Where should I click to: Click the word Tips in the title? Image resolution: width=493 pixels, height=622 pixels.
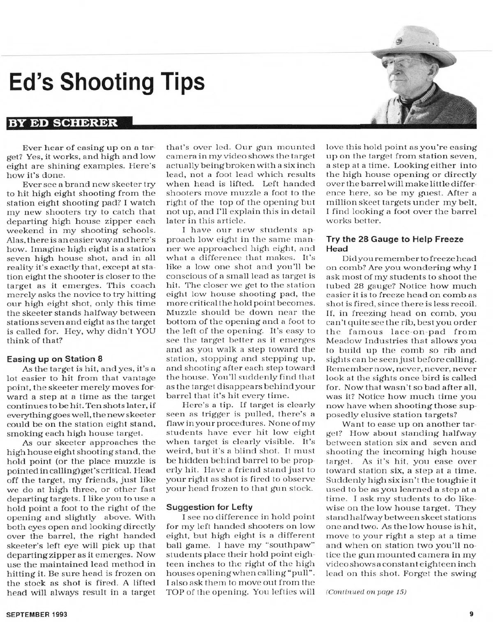182,82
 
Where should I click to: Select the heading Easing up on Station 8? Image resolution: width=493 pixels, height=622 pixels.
54,358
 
